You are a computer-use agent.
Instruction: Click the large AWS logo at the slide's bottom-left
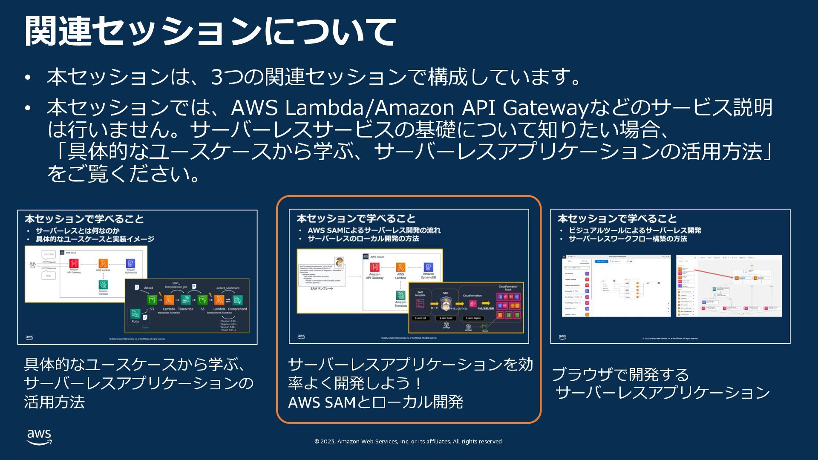point(39,437)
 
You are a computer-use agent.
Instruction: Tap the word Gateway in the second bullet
point(545,108)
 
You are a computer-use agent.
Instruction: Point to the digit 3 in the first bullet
point(217,77)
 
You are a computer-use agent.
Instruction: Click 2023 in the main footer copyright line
point(328,442)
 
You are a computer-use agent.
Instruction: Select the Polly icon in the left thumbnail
point(135,314)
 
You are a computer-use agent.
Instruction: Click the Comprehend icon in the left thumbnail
point(237,300)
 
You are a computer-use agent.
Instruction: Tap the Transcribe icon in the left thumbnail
point(185,300)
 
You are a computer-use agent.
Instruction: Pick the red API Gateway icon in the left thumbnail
point(74,264)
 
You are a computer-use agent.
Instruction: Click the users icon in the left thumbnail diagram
point(33,265)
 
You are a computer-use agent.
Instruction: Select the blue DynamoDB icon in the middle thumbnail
point(428,267)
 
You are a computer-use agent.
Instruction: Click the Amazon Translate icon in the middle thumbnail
point(400,295)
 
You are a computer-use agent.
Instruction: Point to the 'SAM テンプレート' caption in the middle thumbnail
point(322,289)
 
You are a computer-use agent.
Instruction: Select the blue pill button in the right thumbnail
point(602,261)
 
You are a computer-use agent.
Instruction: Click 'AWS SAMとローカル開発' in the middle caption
point(375,402)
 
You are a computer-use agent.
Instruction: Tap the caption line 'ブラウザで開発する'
point(620,375)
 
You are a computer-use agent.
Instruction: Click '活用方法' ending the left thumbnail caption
point(55,402)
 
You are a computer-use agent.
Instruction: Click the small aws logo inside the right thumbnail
point(562,337)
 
